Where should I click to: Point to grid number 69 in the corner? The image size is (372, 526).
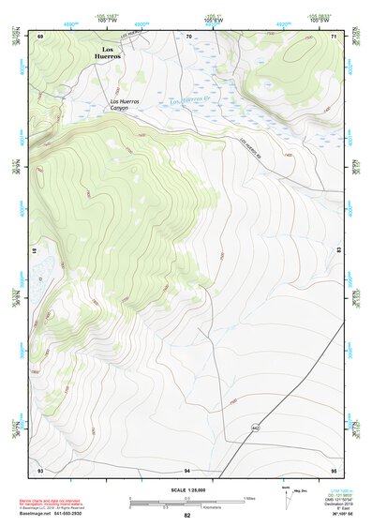point(41,36)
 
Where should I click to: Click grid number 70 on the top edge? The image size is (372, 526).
point(188,36)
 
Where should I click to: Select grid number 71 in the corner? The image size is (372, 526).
point(335,36)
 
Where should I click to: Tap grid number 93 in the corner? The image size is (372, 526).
point(40,469)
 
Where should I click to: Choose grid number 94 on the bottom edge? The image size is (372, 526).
point(187,469)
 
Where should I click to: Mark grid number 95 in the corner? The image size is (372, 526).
point(335,469)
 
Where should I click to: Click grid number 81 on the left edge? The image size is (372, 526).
point(37,251)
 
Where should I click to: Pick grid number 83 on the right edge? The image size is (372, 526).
point(339,251)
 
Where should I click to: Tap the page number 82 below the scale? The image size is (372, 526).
point(186,516)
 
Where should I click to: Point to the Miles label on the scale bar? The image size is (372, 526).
point(250,497)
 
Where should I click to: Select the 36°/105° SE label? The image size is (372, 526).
point(334,515)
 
